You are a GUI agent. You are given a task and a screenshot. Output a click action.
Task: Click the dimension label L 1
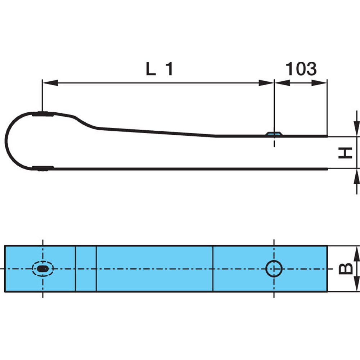(159, 69)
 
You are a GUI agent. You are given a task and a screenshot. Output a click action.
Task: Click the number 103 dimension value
(301, 69)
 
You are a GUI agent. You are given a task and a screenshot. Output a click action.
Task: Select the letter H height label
(345, 153)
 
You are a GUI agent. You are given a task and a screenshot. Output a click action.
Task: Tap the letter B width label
(346, 269)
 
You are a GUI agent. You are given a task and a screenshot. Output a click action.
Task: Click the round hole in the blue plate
(274, 269)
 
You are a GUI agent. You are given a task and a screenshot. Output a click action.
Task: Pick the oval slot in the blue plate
(43, 269)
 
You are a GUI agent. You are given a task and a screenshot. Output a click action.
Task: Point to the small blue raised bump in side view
(274, 134)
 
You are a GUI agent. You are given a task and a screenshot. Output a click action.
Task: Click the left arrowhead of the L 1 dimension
(50, 83)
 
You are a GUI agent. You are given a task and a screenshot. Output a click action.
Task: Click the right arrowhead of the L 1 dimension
(266, 83)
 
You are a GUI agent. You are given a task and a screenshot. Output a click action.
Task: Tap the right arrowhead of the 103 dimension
(319, 83)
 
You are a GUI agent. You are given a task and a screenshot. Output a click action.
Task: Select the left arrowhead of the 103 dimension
(282, 83)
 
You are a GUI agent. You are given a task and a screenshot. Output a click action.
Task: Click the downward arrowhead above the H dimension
(356, 129)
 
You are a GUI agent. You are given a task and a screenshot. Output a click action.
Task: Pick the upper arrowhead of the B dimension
(356, 253)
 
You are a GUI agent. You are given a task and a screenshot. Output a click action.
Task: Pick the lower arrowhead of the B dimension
(356, 284)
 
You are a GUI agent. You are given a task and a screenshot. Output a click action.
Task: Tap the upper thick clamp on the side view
(43, 114)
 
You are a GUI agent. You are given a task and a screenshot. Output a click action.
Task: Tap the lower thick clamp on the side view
(43, 168)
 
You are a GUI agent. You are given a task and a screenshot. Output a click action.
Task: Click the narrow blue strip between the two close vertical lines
(86, 269)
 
